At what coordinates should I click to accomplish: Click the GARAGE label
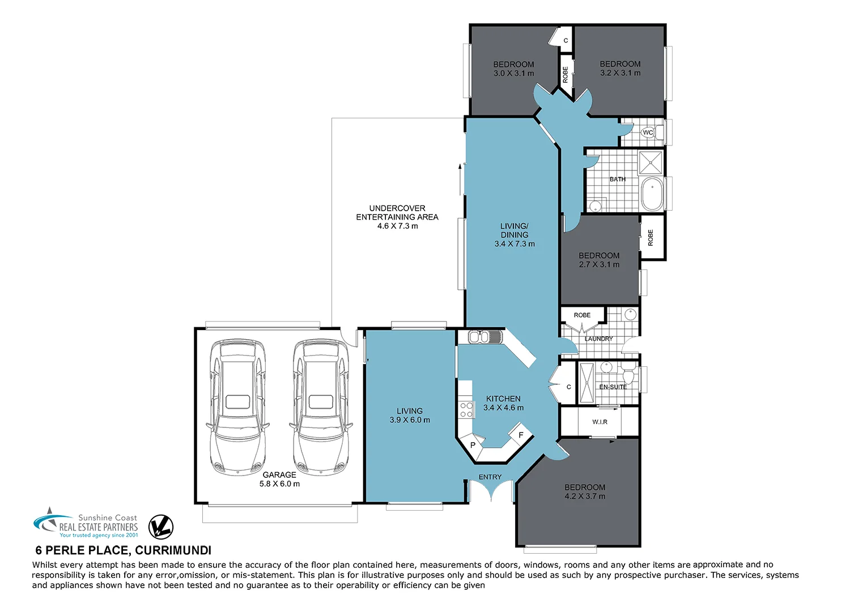279,475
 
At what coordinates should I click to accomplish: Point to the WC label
648,132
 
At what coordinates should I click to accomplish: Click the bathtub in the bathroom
652,194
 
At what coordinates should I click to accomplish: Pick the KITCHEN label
503,399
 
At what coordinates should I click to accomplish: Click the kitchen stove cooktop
466,410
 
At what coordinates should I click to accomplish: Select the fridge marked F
521,435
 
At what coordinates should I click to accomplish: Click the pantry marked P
473,445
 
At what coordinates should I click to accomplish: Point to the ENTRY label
490,477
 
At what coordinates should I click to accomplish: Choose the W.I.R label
600,422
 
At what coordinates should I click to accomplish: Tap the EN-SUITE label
613,387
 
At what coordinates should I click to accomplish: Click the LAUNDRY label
598,339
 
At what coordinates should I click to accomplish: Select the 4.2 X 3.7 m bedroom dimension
585,496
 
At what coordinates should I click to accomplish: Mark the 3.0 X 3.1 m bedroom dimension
513,74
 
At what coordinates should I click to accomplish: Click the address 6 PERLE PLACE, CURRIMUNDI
124,550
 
